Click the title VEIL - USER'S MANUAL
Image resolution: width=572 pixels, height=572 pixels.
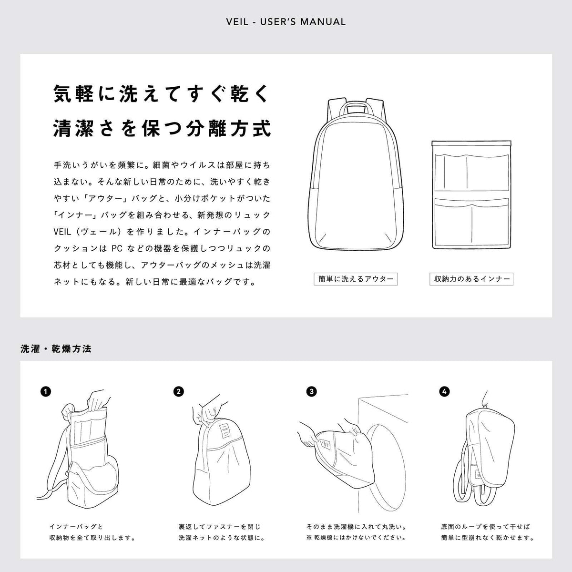tap(286, 22)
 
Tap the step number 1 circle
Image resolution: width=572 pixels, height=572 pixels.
tap(46, 392)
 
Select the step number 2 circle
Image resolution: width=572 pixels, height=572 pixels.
tap(179, 392)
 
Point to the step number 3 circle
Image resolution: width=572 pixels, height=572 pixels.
tap(312, 392)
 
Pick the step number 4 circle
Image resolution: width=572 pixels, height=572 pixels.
tap(444, 392)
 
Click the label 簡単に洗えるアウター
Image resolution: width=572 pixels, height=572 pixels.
tap(356, 279)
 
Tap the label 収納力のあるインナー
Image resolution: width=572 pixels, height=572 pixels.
tap(471, 279)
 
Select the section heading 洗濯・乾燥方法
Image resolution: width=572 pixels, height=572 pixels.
tap(56, 349)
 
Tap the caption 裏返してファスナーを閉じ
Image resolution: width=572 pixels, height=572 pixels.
tap(220, 527)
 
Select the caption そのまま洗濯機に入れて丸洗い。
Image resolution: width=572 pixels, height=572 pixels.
tap(357, 527)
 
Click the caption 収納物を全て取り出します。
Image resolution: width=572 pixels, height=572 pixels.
tap(92, 538)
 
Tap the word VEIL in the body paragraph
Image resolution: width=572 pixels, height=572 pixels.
tap(62, 232)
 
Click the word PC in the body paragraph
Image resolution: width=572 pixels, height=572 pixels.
tap(117, 248)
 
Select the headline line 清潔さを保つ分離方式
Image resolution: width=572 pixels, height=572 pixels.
tap(163, 128)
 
